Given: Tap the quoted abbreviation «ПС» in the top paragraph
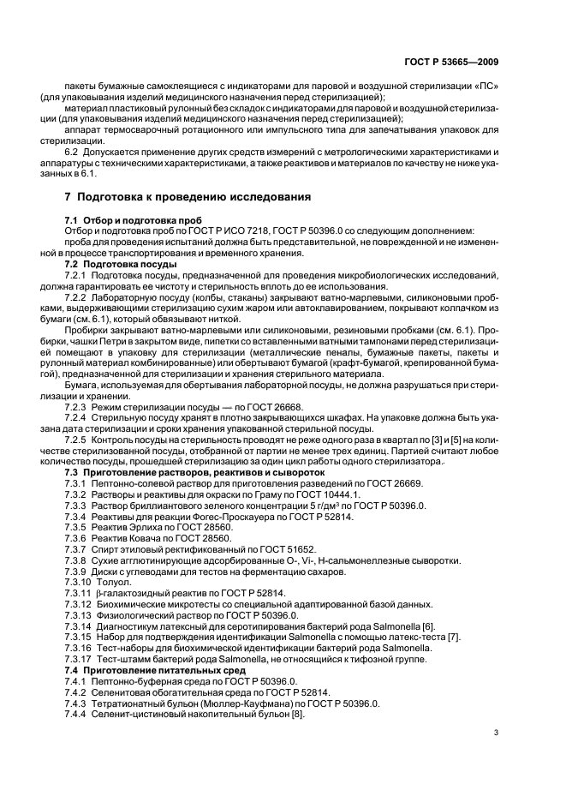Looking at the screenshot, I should (486, 88).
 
